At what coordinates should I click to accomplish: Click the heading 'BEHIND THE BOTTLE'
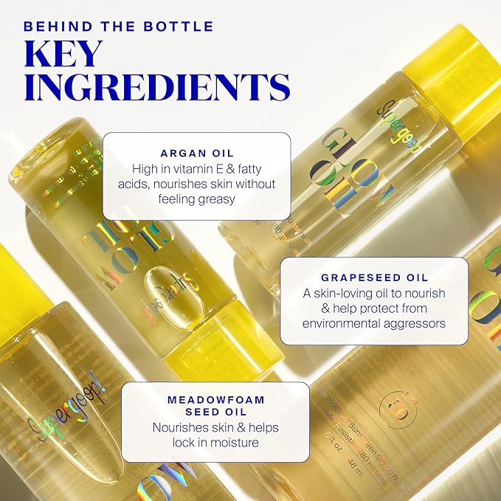[118, 27]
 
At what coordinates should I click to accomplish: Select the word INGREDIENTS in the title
[156, 88]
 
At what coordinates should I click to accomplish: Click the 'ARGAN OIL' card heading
[196, 153]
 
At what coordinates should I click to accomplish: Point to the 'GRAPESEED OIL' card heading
[374, 277]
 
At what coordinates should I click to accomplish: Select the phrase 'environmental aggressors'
[374, 323]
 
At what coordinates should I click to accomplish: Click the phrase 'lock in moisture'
[204, 443]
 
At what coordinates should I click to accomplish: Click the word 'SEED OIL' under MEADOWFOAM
[204, 412]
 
